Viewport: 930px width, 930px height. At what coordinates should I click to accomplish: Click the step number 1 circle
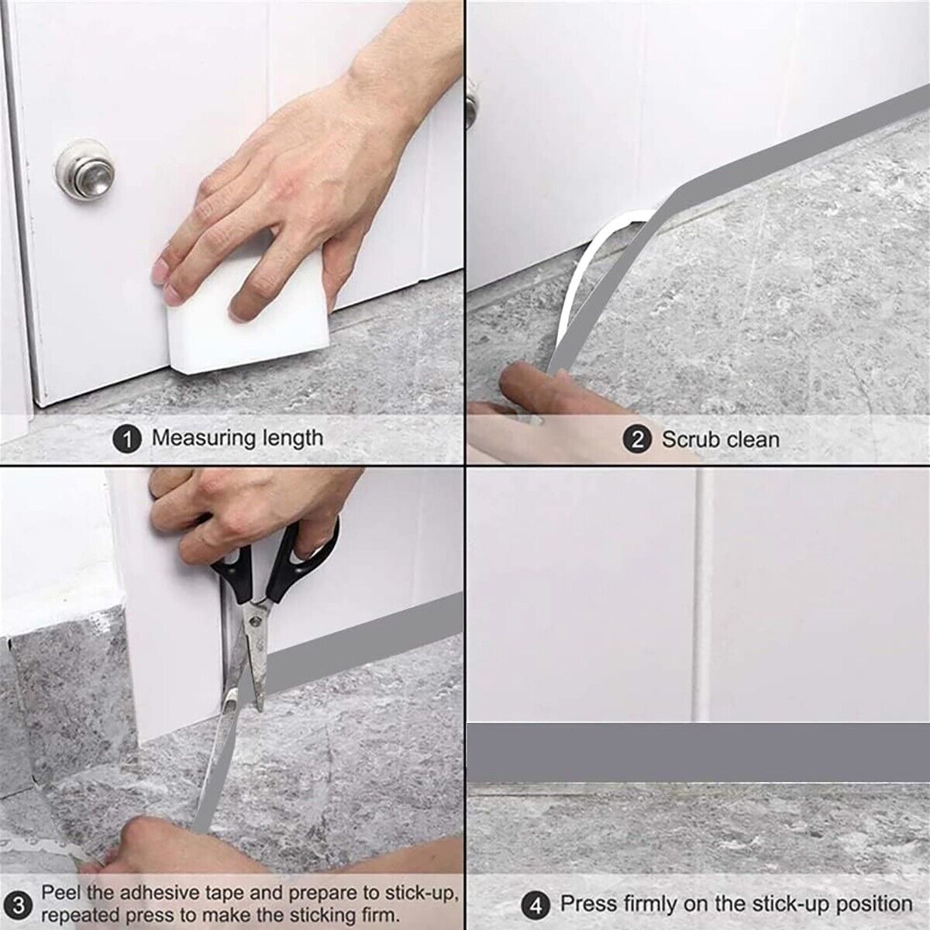click(129, 439)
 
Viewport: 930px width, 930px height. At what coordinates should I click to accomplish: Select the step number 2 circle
click(638, 439)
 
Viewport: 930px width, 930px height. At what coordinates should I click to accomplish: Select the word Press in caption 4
click(588, 904)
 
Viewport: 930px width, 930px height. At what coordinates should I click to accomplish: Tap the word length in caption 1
click(292, 438)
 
